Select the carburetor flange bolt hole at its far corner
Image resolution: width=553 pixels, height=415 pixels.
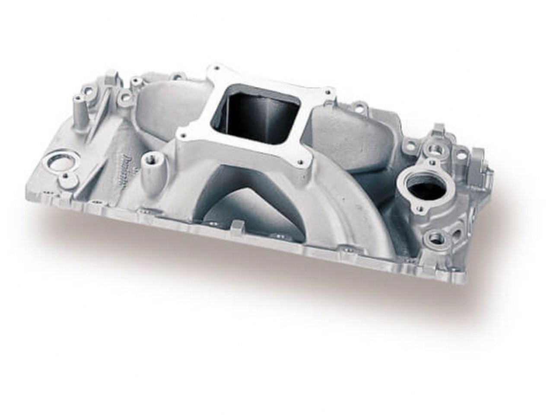tap(329, 92)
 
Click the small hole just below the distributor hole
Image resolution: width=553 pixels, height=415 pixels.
tap(65, 177)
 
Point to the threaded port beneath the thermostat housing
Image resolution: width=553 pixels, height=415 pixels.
tap(434, 237)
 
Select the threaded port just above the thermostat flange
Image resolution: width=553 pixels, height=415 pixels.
tap(432, 150)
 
